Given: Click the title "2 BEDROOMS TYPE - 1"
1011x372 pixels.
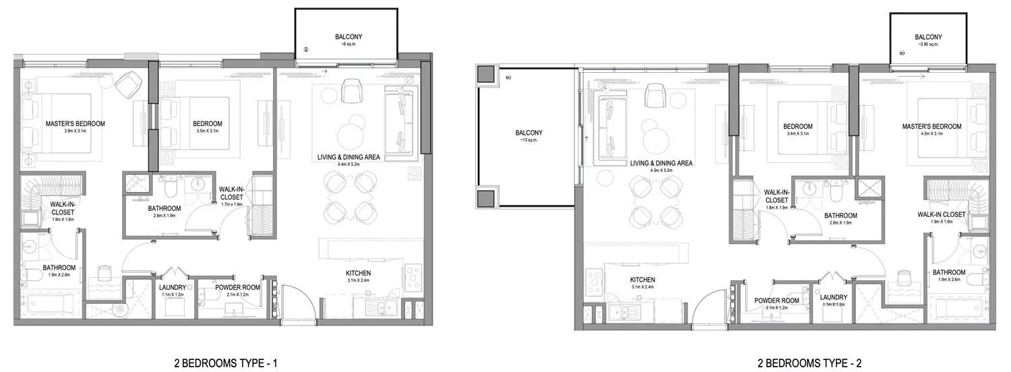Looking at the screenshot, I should pyautogui.click(x=225, y=364).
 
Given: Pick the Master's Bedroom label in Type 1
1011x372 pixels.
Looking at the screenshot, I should pyautogui.click(x=75, y=124).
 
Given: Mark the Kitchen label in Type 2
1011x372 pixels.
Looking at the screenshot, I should pyautogui.click(x=643, y=280).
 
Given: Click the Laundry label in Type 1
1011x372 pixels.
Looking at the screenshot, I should pyautogui.click(x=174, y=286).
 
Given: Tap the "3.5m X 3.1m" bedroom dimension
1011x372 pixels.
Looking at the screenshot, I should pyautogui.click(x=207, y=131).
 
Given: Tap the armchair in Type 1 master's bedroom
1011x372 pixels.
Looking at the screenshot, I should pyautogui.click(x=127, y=86).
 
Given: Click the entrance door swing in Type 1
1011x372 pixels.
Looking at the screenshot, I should pyautogui.click(x=295, y=302).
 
